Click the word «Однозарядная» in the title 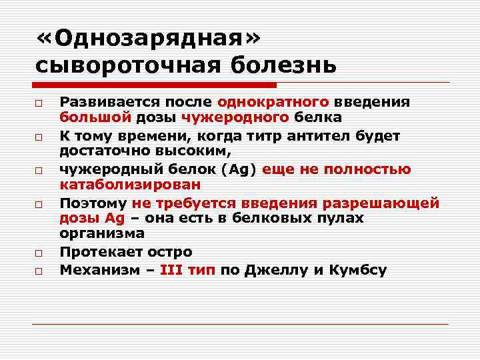tap(149, 39)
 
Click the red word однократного tap(273, 102)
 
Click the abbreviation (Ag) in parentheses tap(239, 169)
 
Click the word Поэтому tap(93, 202)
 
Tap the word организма tap(101, 234)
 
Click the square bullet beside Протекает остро tap(39, 253)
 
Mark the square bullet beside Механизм tap(39, 271)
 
